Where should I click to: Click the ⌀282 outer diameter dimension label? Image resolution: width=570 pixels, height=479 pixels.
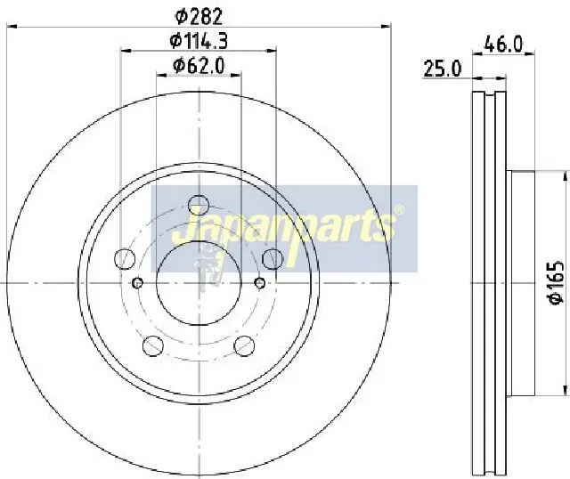click(199, 17)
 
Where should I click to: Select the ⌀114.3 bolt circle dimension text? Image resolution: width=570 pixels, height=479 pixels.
click(199, 41)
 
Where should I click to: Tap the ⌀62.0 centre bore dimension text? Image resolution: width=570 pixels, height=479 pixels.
click(199, 66)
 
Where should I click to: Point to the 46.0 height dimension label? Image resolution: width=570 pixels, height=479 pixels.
click(503, 45)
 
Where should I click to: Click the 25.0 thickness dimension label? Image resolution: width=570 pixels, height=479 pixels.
click(442, 69)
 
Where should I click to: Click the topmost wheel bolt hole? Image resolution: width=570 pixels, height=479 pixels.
click(199, 206)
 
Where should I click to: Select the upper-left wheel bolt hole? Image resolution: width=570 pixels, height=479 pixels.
click(125, 259)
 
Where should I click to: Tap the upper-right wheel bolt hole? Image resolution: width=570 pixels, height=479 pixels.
click(273, 259)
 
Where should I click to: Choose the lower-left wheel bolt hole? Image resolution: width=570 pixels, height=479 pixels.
click(153, 345)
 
